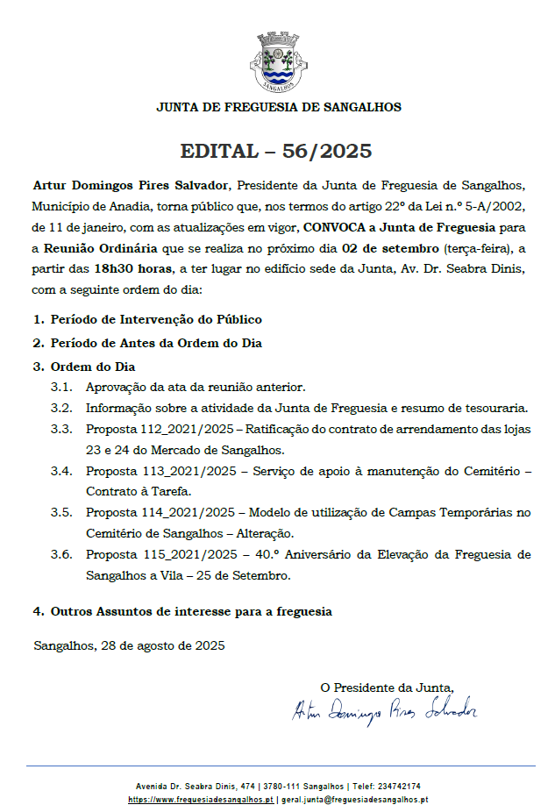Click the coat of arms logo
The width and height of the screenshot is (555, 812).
(x=278, y=62)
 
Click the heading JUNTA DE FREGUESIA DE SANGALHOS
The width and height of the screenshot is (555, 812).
(x=278, y=107)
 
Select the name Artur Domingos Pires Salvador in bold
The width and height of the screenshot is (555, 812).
(x=131, y=186)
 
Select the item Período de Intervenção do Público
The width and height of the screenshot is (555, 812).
(x=156, y=320)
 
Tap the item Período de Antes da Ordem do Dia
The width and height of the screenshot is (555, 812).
(x=156, y=343)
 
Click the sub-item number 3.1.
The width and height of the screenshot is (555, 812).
(x=60, y=387)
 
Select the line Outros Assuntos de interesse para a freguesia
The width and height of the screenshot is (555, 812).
(x=190, y=610)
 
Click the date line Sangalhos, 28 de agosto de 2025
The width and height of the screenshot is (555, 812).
(x=129, y=645)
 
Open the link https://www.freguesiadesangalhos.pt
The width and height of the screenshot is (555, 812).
(x=201, y=800)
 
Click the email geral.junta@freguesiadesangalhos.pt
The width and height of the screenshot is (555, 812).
(x=354, y=800)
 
